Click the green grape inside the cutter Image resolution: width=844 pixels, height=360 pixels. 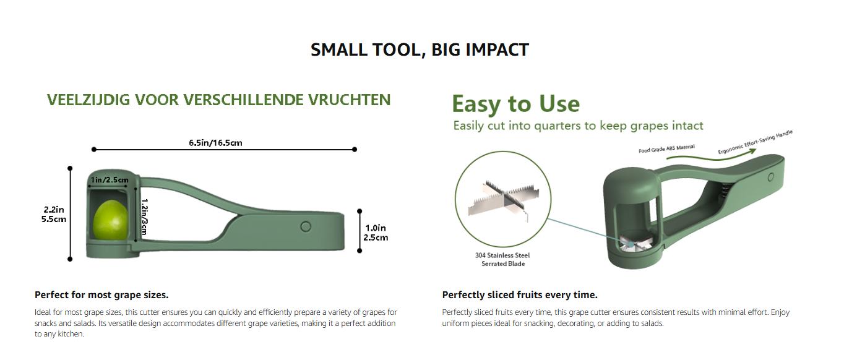point(110,220)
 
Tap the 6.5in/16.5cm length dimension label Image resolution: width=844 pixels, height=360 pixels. point(215,143)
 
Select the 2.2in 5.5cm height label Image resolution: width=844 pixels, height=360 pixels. point(53,214)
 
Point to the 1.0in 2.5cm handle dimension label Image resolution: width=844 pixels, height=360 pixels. point(376,233)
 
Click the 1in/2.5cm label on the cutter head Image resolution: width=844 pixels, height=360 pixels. point(110,180)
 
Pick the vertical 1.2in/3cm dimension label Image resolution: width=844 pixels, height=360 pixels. point(144,217)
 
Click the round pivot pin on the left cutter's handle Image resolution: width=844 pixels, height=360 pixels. point(306,226)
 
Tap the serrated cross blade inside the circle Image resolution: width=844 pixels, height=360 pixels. point(504,203)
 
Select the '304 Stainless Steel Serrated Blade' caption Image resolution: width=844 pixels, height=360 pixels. point(502,259)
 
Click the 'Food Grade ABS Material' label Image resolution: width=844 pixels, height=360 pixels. point(666,148)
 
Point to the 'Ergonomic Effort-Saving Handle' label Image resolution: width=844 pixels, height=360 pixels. point(755,142)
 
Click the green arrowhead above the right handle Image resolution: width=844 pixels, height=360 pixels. point(752,152)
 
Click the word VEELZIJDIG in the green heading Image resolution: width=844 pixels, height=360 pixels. point(88,100)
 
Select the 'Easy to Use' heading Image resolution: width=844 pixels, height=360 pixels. point(515,104)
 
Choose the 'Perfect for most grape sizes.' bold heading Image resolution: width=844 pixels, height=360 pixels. point(101,295)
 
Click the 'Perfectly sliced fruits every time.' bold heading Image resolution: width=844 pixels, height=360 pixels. point(520,295)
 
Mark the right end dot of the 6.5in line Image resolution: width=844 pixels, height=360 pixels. point(355,150)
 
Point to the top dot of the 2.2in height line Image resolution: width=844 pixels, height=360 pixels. point(70,168)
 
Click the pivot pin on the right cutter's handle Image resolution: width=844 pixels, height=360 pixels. point(770,177)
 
